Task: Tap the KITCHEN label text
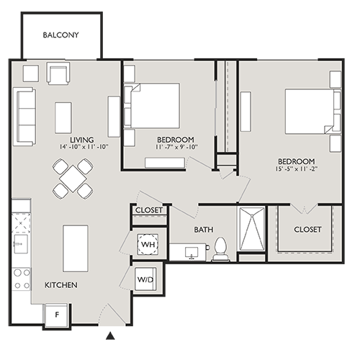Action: (61, 285)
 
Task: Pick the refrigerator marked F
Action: (55, 314)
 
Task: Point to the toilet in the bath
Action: (221, 248)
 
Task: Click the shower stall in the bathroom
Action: (252, 230)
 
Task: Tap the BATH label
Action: (203, 230)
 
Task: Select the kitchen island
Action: (75, 248)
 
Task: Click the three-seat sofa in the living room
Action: (24, 116)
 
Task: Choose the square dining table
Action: (73, 178)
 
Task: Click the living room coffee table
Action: (63, 117)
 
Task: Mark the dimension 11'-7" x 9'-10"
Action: (176, 148)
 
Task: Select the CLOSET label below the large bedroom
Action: (307, 230)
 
